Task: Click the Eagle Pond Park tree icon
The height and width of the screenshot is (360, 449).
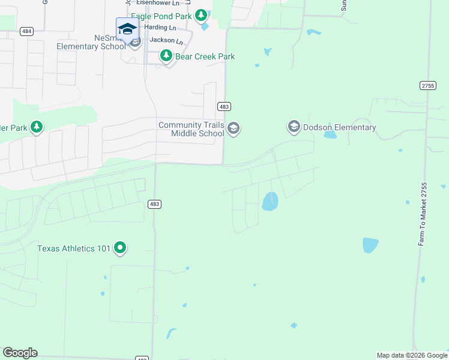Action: (x=202, y=15)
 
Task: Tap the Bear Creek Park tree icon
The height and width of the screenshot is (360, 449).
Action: (x=166, y=56)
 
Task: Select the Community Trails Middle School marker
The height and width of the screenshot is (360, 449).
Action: (x=234, y=128)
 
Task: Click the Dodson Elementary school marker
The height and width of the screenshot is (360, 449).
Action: (x=294, y=127)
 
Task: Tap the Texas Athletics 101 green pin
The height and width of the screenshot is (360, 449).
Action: (x=120, y=247)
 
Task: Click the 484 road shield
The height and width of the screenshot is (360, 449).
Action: (x=26, y=31)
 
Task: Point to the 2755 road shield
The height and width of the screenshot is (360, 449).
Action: (x=427, y=86)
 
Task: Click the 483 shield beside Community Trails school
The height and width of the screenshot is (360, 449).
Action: (x=224, y=106)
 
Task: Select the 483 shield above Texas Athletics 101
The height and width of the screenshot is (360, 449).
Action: (x=154, y=204)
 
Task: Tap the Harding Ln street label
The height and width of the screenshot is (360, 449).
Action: (x=160, y=28)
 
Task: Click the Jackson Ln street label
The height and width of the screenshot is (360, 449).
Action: (x=166, y=40)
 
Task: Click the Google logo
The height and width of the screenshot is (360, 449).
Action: (x=20, y=353)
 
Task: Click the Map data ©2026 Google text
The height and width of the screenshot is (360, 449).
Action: (x=412, y=355)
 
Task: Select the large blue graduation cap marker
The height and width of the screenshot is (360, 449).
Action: (x=127, y=29)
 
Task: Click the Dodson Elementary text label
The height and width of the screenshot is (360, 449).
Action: (x=339, y=127)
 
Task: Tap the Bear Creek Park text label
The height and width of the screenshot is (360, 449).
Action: (x=205, y=56)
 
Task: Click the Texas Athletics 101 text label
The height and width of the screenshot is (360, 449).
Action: (x=74, y=248)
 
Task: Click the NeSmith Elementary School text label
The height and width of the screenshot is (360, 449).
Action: (x=91, y=42)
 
